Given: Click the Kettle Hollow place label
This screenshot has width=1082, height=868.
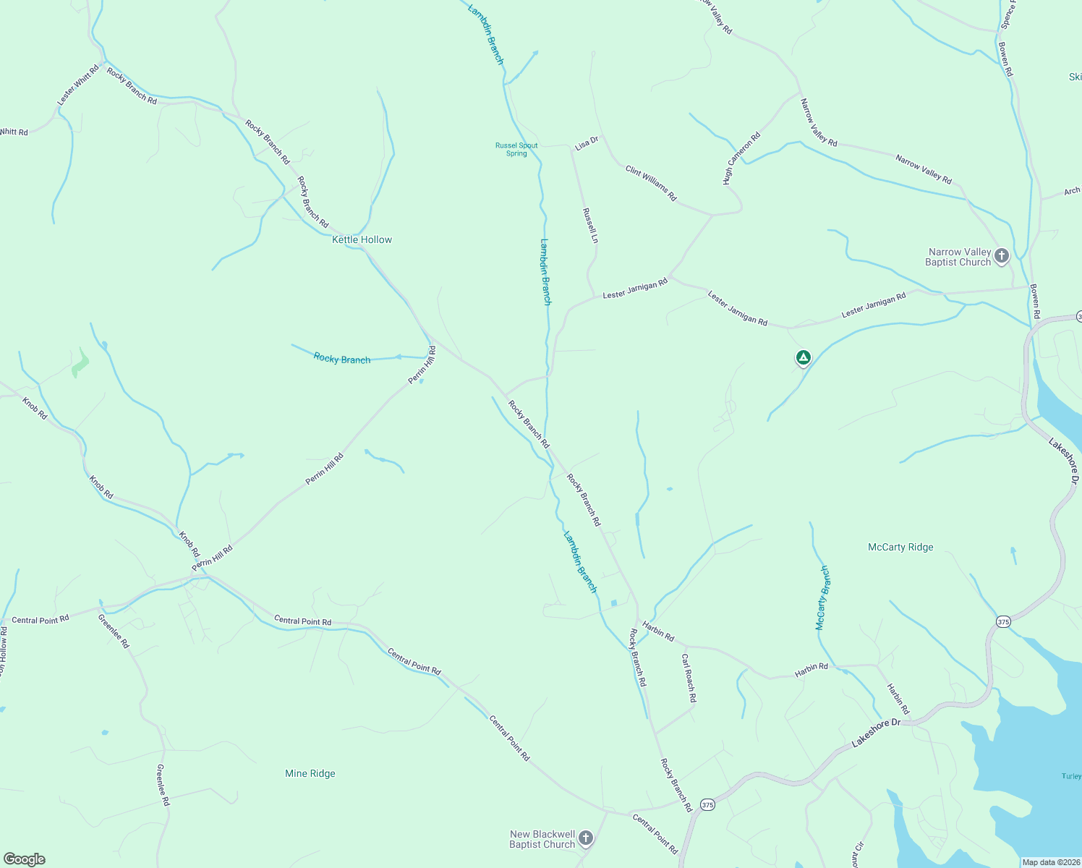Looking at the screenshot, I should click(362, 239).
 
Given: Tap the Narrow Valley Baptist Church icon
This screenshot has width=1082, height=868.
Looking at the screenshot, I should click(1002, 255).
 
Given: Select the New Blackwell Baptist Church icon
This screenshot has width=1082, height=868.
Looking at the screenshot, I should click(586, 838).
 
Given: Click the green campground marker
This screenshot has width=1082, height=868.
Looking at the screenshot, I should click(803, 357).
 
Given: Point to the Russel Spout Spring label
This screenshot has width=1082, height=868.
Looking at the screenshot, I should click(516, 149).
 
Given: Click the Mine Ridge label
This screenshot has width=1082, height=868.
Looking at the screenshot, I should click(310, 773).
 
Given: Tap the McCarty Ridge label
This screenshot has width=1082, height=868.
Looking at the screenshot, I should click(900, 547).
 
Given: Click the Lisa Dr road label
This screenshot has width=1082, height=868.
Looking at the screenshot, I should click(587, 143).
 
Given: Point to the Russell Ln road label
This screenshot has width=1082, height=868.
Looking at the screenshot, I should click(590, 226).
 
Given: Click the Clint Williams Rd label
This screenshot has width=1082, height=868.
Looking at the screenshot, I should click(651, 183).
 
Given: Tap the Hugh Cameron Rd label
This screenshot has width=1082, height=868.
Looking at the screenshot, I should click(741, 158).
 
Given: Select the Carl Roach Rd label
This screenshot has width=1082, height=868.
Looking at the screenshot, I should click(689, 678).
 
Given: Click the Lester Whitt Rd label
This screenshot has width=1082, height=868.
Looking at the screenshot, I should click(77, 85).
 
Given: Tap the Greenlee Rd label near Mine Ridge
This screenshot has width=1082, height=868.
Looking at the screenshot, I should click(163, 785).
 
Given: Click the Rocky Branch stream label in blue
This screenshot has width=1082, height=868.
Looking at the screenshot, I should click(342, 358).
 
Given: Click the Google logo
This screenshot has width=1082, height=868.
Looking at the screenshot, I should click(25, 859).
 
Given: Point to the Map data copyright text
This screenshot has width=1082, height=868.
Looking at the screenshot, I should click(1050, 862).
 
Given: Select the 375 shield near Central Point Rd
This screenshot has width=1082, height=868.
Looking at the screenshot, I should click(707, 805).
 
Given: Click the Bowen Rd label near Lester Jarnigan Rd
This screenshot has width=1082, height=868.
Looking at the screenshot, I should click(1035, 302).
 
